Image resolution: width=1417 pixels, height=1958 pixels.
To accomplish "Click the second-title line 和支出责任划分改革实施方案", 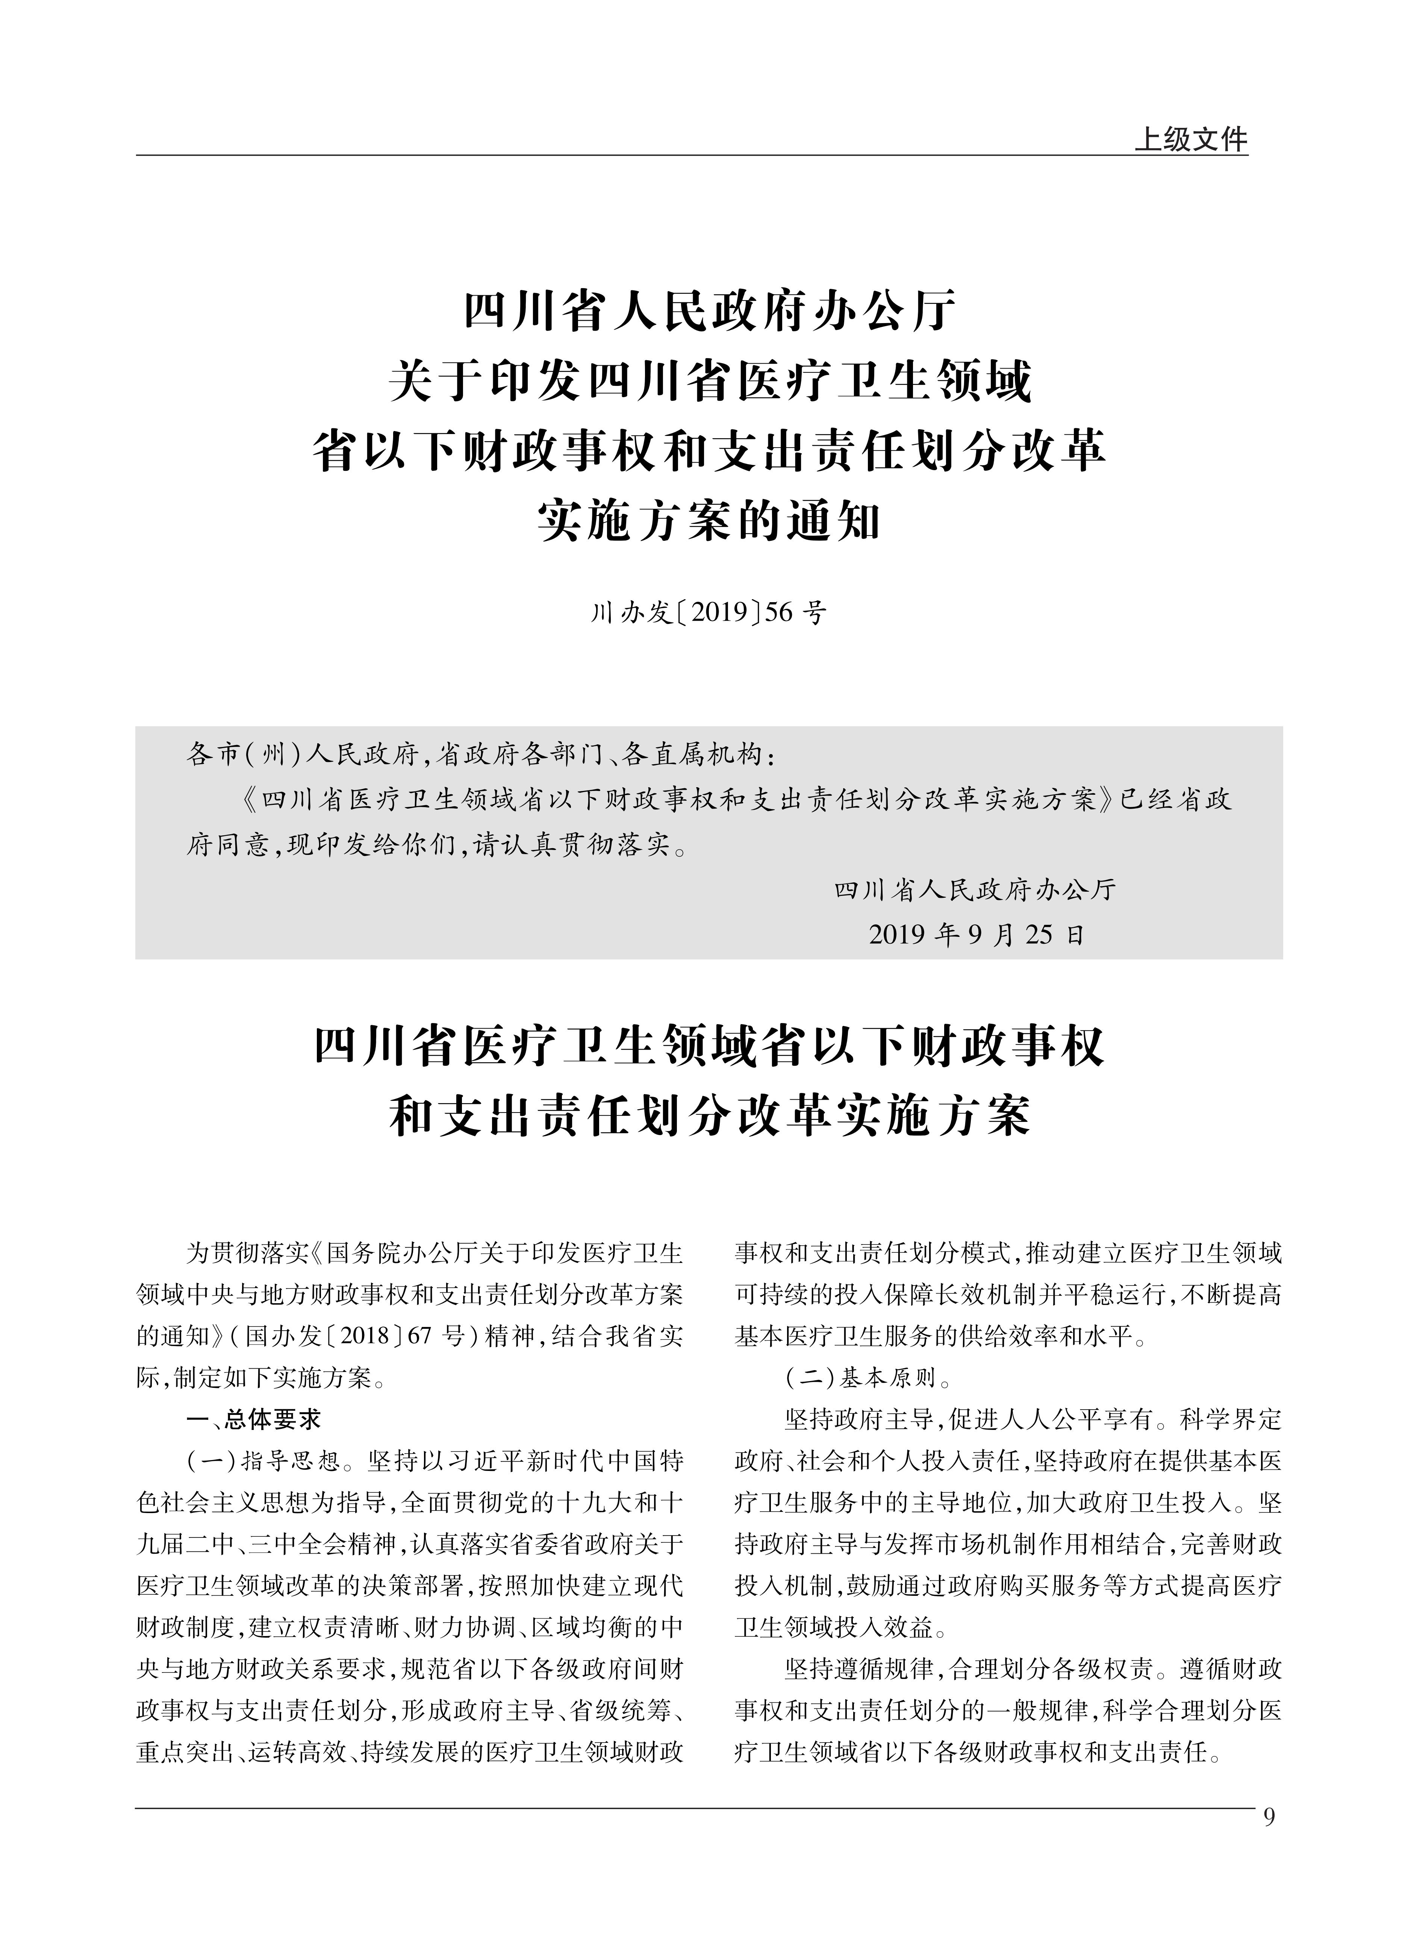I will pyautogui.click(x=708, y=1117).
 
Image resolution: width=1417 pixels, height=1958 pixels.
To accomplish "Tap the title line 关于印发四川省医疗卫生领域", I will pyautogui.click(x=708, y=382).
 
